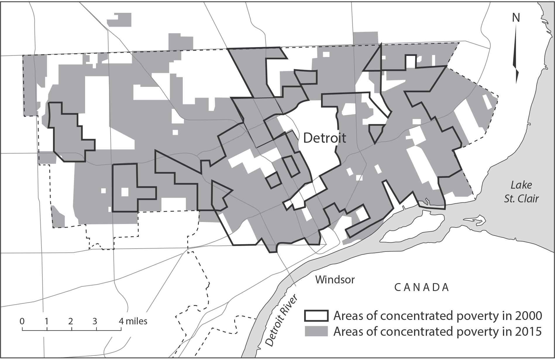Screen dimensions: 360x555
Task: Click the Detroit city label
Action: [x=325, y=138]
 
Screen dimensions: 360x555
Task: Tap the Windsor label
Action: [x=335, y=280]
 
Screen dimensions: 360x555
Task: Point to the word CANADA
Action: [x=421, y=287]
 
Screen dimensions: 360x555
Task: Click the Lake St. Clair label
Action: [x=521, y=192]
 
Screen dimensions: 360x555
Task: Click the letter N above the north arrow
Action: [x=516, y=18]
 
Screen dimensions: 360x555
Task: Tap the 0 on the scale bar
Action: [x=22, y=321]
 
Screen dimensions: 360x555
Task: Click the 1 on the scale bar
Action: [x=46, y=321]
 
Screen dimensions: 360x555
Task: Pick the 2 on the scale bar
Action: [x=71, y=321]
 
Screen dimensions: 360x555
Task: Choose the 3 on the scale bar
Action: [x=95, y=321]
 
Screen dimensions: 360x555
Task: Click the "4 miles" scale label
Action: [x=133, y=321]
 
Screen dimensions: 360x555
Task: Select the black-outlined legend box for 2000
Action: [x=316, y=316]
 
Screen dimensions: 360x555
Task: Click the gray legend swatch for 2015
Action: [x=316, y=332]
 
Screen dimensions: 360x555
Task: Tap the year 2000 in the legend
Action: [x=528, y=316]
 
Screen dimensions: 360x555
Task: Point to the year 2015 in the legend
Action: [x=528, y=332]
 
